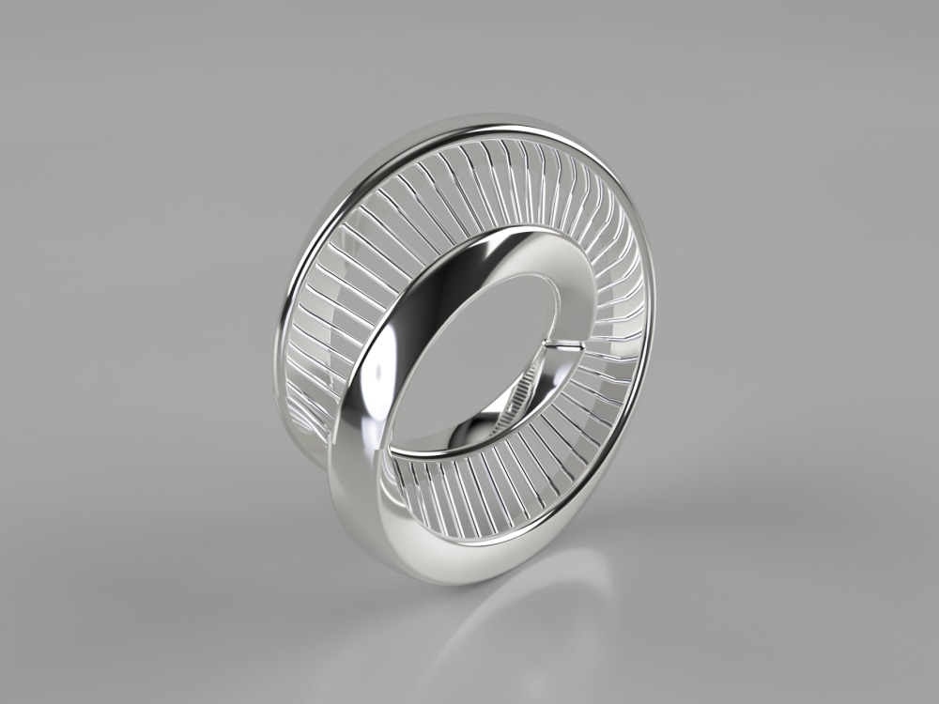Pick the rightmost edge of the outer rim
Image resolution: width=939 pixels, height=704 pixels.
[654, 310]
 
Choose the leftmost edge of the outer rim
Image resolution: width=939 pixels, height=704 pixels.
[278, 329]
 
